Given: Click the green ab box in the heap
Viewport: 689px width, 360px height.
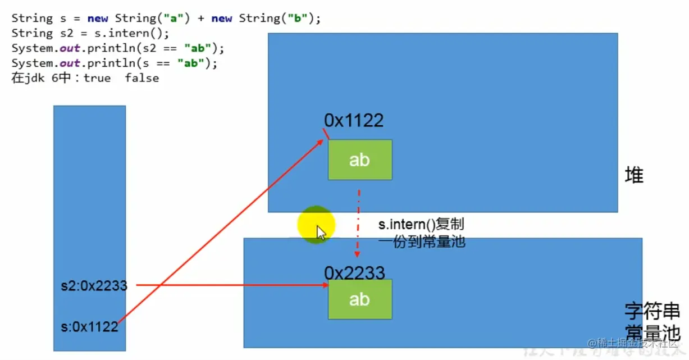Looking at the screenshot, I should click(360, 160).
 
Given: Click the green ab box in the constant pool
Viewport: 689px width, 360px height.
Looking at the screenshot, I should click(360, 299).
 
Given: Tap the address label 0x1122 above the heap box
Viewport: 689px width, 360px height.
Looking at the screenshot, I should click(354, 120).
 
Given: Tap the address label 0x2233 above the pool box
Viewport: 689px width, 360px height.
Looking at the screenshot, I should click(354, 273).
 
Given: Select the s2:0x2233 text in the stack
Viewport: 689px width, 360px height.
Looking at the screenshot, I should click(94, 286).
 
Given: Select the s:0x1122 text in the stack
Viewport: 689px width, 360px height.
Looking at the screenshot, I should click(90, 326).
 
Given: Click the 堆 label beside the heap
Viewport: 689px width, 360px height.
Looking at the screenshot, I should click(634, 176).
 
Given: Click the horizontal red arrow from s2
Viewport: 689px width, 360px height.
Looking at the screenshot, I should click(230, 285).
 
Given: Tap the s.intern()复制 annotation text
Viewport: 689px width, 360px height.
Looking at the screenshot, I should click(421, 225).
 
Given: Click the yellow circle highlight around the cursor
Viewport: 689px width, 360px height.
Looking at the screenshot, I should click(316, 225).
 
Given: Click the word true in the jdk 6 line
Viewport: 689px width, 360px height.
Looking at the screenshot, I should click(97, 78).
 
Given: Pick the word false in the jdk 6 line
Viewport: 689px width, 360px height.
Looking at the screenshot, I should click(142, 78).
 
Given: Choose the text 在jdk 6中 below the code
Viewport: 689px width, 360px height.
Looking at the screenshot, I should click(40, 78).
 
